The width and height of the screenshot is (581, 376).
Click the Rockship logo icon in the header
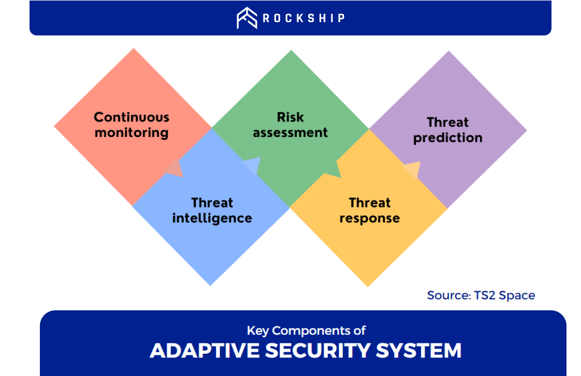click(x=247, y=18)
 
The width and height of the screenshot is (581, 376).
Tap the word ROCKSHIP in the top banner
click(x=304, y=18)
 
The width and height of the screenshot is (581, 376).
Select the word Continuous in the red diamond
click(x=132, y=117)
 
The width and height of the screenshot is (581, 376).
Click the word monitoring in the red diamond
click(x=132, y=132)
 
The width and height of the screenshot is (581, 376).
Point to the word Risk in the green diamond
click(x=290, y=117)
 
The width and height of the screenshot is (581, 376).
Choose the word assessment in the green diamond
click(x=290, y=132)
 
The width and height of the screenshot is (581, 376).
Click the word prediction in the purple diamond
click(x=448, y=138)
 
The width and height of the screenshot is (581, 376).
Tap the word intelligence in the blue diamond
click(x=212, y=218)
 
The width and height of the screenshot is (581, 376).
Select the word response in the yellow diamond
click(x=370, y=218)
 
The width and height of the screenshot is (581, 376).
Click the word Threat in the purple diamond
click(x=448, y=122)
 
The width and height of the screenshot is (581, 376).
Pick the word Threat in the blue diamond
click(x=212, y=202)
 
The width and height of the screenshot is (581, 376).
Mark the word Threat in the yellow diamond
click(x=370, y=202)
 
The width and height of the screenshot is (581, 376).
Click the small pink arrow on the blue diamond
click(x=175, y=169)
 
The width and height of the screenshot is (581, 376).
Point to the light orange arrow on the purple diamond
click(x=413, y=170)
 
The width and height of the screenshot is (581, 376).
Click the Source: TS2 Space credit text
click(x=481, y=295)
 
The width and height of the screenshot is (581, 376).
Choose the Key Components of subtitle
click(x=307, y=330)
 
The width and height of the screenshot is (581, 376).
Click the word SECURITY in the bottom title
click(x=317, y=351)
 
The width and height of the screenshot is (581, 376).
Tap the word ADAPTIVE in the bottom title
click(x=205, y=351)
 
